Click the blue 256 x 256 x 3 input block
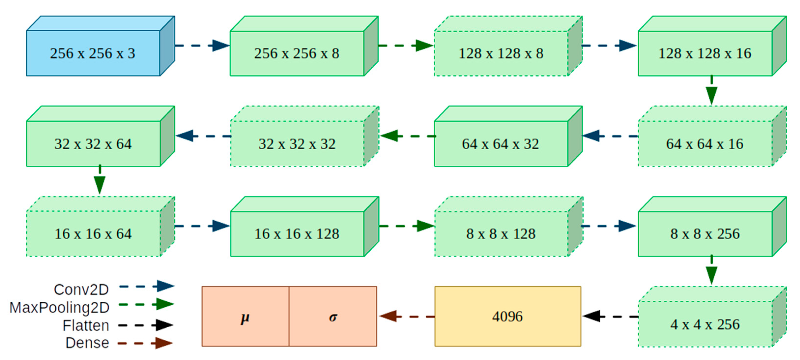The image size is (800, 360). point(93,53)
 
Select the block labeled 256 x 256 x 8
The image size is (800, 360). point(297,53)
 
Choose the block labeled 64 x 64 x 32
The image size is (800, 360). point(501,144)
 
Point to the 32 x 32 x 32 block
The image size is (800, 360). point(297,144)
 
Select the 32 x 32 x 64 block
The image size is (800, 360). point(93,144)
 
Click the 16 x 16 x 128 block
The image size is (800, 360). point(297,234)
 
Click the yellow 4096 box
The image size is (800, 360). point(508,316)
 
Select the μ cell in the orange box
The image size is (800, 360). point(245,316)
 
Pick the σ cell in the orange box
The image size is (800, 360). point(333,316)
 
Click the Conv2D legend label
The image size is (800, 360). point(81,290)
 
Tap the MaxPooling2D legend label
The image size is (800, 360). point(60,308)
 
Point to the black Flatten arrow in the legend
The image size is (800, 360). point(146,325)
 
